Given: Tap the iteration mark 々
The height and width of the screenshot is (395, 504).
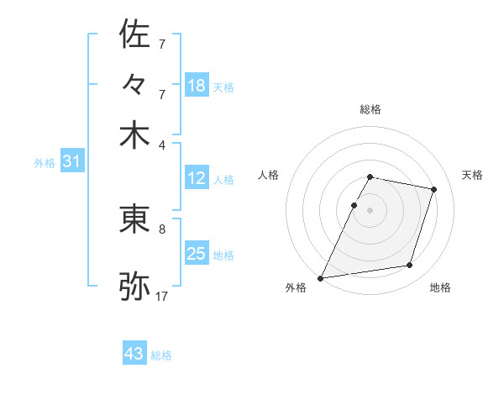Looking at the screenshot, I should pos(134,86).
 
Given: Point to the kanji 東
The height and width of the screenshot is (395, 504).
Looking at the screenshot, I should pos(134,219).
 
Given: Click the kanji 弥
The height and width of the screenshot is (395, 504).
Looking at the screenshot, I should pos(134,286).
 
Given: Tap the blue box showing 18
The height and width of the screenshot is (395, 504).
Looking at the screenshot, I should pos(197,86).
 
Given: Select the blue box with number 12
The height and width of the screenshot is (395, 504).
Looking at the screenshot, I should pos(197,179).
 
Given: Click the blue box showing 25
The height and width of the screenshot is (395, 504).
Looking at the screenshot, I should pos(197,254).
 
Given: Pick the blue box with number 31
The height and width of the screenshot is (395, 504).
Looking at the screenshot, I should pos(71,162).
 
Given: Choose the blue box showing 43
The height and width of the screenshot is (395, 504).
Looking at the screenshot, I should pos(134,354).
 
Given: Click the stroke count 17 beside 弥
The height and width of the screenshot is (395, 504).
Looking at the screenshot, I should pos(162,296).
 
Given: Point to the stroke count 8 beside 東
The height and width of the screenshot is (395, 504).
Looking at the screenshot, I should pos(162,228).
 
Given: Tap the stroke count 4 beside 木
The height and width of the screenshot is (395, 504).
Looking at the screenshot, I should pos(162,144).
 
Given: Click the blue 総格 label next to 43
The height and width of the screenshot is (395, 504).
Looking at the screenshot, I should pos(161,355).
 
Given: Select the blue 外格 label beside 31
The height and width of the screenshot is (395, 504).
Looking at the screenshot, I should pos(45,163).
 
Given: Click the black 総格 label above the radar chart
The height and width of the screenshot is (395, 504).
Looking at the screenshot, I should pos(370,109).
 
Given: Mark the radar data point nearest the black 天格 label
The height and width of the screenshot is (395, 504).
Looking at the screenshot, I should pos(434,190).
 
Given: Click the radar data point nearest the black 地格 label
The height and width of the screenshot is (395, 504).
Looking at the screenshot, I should pos(410,266).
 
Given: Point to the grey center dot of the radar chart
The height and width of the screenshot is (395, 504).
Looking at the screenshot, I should pos(370,210).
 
